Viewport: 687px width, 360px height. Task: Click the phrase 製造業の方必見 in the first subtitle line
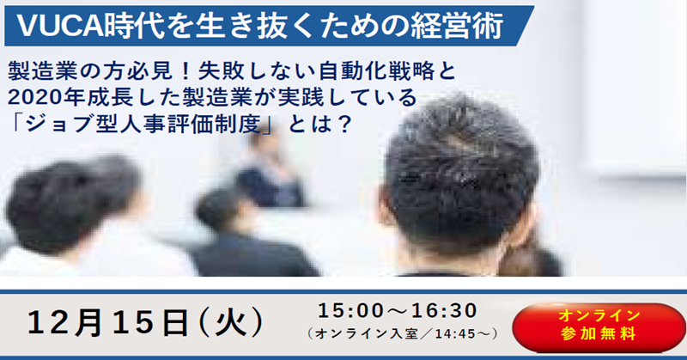point(90,71)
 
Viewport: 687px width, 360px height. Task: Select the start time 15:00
point(350,311)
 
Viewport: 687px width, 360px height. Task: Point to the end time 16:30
point(444,311)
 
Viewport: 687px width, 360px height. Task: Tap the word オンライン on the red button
point(599,315)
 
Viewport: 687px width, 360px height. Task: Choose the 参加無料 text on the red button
point(599,334)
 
